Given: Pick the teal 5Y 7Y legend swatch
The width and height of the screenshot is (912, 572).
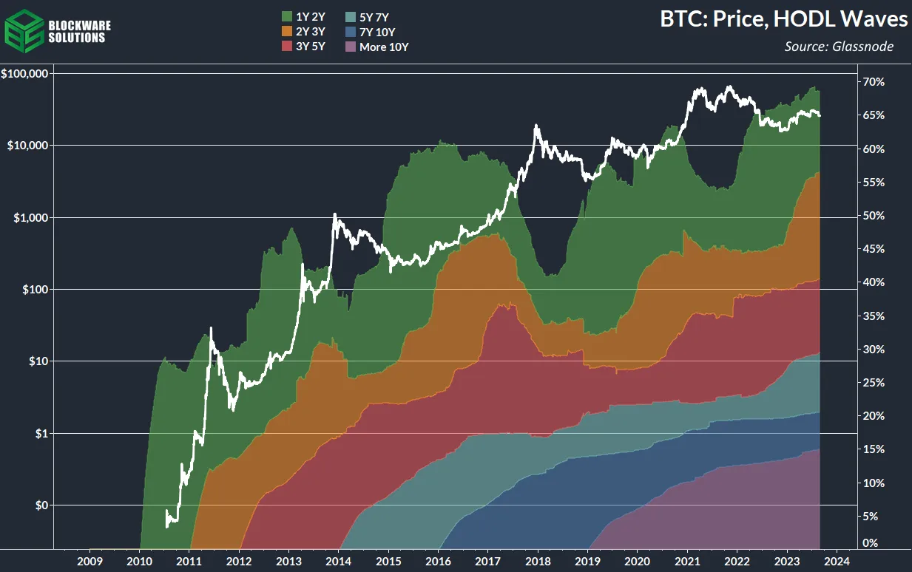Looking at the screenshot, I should coord(351,16).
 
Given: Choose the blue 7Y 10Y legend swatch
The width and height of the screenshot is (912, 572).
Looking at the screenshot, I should coord(351,32).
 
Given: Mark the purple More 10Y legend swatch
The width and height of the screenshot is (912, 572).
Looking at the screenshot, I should coord(351,47).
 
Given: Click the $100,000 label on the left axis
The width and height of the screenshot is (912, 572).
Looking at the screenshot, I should coord(25,74).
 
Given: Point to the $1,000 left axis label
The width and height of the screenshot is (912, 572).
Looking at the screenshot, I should coord(30,218).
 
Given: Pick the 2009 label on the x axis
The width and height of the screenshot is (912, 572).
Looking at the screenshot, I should coord(89,560).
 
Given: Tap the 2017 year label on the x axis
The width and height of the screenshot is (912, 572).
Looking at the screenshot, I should coord(488,560).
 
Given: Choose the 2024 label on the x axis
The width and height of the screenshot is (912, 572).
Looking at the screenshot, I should coord(837,560).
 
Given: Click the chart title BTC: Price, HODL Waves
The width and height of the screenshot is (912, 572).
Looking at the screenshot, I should coord(784,20).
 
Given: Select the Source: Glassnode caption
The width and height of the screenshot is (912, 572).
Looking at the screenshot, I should coord(839,47).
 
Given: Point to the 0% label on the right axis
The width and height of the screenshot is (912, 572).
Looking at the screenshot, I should coord(871,543).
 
